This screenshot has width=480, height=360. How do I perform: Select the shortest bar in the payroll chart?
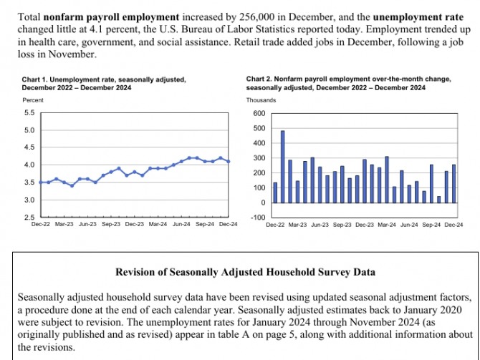point(438,199)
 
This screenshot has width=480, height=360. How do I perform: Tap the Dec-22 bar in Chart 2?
point(275,193)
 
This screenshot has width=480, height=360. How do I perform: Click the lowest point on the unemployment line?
point(72,185)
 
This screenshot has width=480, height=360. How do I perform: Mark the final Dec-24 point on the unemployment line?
point(228,161)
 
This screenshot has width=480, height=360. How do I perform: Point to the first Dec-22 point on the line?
point(40,182)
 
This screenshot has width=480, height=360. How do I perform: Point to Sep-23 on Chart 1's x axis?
point(111,224)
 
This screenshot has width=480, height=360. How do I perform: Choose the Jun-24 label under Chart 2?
point(409,224)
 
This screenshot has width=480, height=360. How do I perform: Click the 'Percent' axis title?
point(33,100)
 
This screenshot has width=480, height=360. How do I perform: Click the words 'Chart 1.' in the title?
point(34,78)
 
